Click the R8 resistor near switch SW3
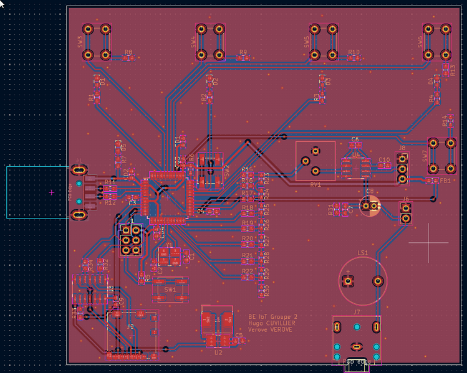pos(128,58)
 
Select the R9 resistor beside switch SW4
pos(243,58)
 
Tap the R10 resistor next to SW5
pos(354,58)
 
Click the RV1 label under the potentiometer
pos(315,185)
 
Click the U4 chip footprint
pos(355,165)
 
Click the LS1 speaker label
pos(362,253)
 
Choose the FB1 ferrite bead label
pos(445,181)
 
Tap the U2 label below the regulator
pos(218,352)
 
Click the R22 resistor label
pos(248,271)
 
